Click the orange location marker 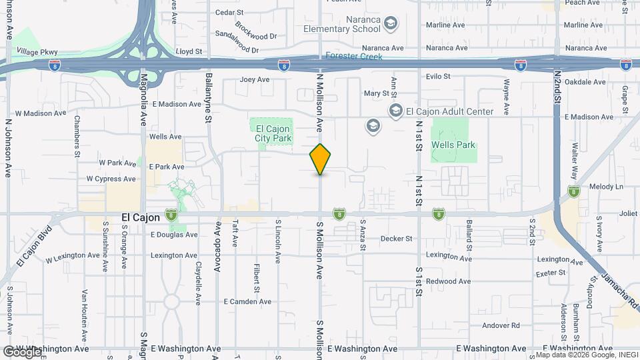pyautogui.click(x=321, y=159)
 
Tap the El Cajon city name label pyautogui.click(x=141, y=217)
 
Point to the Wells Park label pyautogui.click(x=453, y=145)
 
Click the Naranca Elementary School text pyautogui.click(x=341, y=25)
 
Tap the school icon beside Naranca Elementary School pyautogui.click(x=391, y=25)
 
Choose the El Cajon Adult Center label pyautogui.click(x=450, y=111)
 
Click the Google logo pyautogui.click(x=21, y=351)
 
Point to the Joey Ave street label pyautogui.click(x=254, y=79)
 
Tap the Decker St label pyautogui.click(x=397, y=238)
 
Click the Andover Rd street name pyautogui.click(x=501, y=325)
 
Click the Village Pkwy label pyautogui.click(x=37, y=51)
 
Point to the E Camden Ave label pyautogui.click(x=248, y=301)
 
